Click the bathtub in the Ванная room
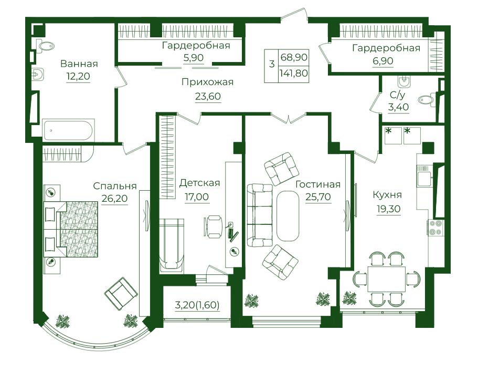(69, 130)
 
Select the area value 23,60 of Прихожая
(208, 96)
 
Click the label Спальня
(115, 186)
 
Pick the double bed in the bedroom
(71, 230)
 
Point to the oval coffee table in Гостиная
(288, 215)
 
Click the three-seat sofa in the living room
(260, 215)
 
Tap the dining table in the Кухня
(386, 279)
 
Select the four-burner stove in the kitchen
(435, 228)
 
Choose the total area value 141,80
(293, 74)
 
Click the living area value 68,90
(294, 57)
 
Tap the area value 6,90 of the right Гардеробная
(383, 60)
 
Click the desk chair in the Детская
(213, 226)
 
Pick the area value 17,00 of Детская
(197, 198)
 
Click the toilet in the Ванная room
(47, 45)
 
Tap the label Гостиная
(318, 184)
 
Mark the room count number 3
(272, 65)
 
